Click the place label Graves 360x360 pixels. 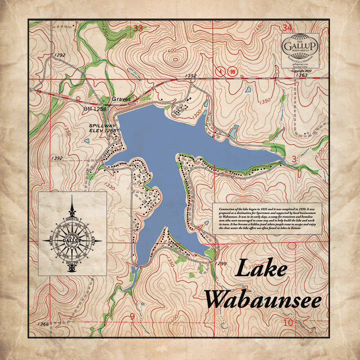(121, 99)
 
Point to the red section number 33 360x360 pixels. (138, 28)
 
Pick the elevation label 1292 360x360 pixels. (60, 55)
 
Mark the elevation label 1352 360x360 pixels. (190, 75)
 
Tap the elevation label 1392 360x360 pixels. (56, 158)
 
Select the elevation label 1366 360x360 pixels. (42, 325)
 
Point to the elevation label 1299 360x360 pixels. (222, 262)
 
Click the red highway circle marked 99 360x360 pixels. (232, 72)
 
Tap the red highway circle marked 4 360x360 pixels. (218, 72)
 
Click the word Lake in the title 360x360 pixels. (261, 269)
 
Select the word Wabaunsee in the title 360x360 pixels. (263, 299)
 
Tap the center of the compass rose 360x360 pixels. (73, 240)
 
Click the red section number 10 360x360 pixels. (287, 323)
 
